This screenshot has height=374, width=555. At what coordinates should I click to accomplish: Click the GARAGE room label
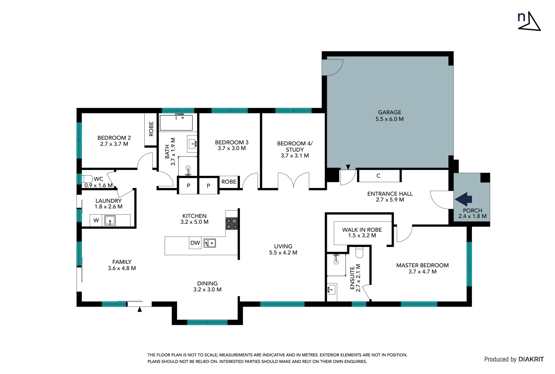[x=390, y=112]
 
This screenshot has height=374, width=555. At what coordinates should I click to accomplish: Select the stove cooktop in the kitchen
[x=232, y=223]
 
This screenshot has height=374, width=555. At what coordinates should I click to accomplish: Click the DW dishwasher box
[x=195, y=243]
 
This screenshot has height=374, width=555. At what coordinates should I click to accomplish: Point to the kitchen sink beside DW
[x=209, y=243]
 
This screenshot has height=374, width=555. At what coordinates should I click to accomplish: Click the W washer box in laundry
[x=96, y=220]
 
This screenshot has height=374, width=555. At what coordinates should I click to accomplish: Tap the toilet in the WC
[x=88, y=179]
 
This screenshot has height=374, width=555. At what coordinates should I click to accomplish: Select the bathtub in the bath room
[x=176, y=122]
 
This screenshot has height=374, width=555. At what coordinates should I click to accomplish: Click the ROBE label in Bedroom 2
[x=151, y=129]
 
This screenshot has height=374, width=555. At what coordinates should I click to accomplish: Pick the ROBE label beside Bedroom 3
[x=229, y=182]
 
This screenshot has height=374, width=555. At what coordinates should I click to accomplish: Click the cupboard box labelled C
[x=378, y=176]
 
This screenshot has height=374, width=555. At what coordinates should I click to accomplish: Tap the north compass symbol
[x=528, y=21]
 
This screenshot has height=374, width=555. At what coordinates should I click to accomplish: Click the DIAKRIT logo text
[x=531, y=359]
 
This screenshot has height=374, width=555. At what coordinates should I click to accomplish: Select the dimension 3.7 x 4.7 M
[x=422, y=272]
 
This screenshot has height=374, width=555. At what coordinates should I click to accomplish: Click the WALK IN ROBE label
[x=362, y=230]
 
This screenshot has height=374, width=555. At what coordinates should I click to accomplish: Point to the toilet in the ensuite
[x=359, y=253]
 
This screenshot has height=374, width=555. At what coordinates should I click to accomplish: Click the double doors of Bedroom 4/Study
[x=294, y=181]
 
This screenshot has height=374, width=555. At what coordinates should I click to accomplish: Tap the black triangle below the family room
[x=140, y=310]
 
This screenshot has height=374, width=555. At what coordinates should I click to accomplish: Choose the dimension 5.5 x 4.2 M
[x=283, y=253]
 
